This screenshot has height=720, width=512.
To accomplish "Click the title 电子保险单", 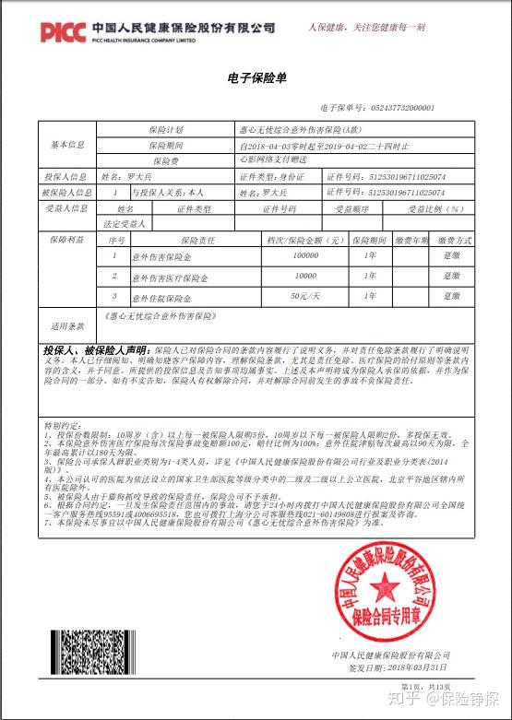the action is (256, 78).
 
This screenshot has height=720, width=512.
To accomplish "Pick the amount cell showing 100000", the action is (304, 254).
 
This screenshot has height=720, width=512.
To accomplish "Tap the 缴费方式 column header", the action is (452, 240).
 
